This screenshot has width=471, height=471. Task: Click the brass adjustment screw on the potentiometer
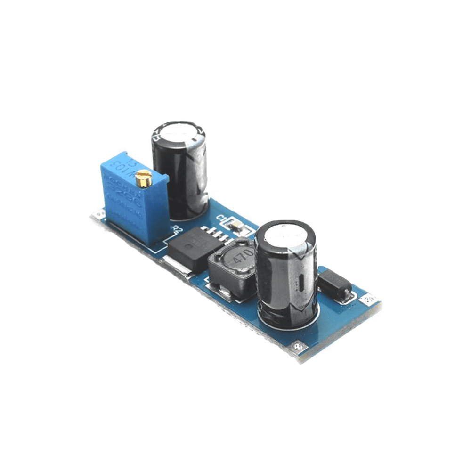pyautogui.click(x=143, y=178)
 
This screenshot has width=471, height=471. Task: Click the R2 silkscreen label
pyautogui.click(x=178, y=230)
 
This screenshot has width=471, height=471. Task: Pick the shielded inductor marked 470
pyautogui.click(x=233, y=268)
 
